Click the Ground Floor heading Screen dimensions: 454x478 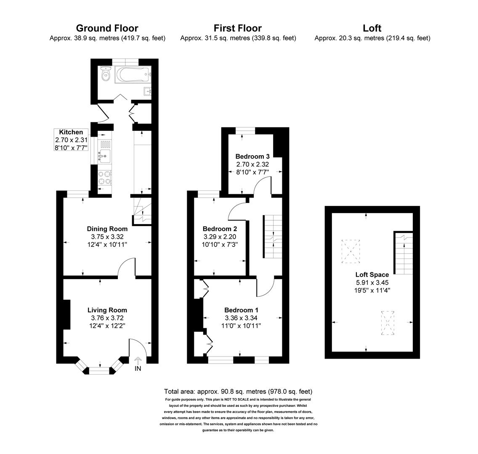tap(107, 28)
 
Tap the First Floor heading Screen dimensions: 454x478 tap(238, 28)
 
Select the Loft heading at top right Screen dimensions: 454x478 tap(372, 28)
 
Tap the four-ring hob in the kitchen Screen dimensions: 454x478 tap(105, 178)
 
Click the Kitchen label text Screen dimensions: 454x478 tap(71, 132)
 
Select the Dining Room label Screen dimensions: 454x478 tap(107, 229)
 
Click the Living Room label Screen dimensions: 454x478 tap(107, 310)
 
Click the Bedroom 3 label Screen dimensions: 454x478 tap(252, 156)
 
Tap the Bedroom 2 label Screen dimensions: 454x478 tap(220, 229)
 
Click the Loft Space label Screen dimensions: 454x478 tap(372, 275)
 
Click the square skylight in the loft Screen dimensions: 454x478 tap(351, 251)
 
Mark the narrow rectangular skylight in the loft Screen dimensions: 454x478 tap(388, 323)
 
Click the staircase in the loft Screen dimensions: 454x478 tap(403, 254)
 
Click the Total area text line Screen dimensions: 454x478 tap(238, 391)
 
